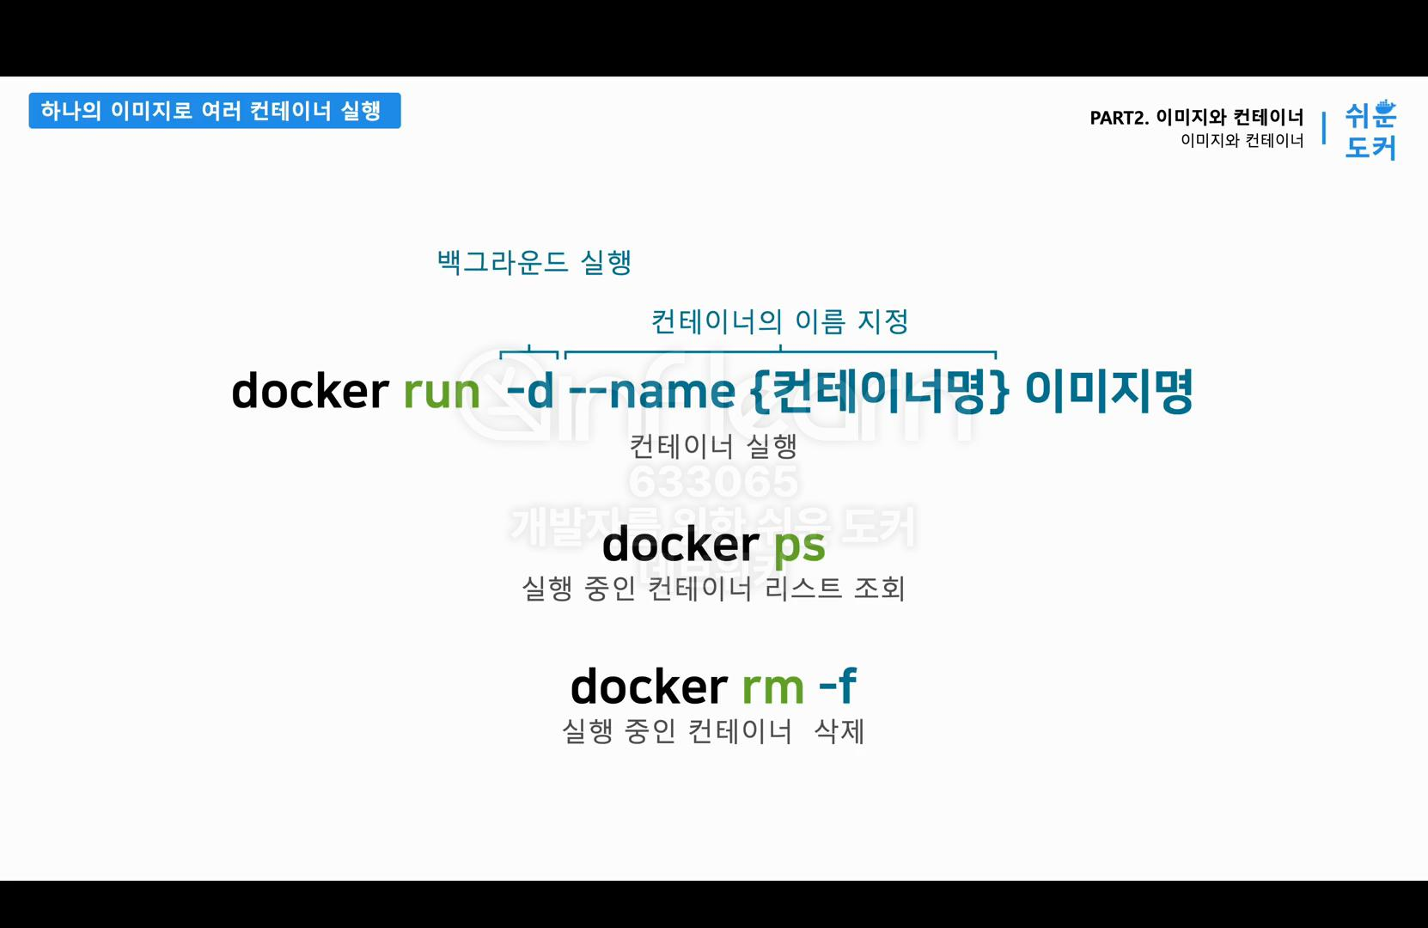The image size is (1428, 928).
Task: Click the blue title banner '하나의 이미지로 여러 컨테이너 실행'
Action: (x=214, y=111)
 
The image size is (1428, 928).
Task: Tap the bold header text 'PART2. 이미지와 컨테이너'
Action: (x=1196, y=117)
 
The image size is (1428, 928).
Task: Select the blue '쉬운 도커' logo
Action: (x=1370, y=130)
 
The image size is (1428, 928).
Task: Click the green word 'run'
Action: (x=441, y=392)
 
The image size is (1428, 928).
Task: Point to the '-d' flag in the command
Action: (x=530, y=392)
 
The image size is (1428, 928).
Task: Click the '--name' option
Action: (x=651, y=392)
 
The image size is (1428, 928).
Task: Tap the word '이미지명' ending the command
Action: (x=1108, y=392)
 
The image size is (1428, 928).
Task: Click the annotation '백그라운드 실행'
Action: (x=534, y=262)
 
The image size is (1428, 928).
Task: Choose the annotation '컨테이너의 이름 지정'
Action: (x=779, y=321)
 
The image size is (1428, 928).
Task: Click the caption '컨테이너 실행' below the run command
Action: (x=713, y=446)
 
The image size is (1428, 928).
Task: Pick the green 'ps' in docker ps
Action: (x=799, y=545)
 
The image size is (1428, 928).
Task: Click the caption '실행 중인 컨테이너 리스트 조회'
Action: (x=713, y=589)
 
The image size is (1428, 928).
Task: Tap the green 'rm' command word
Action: (x=772, y=687)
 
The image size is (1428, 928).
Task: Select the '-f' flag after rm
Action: (x=837, y=687)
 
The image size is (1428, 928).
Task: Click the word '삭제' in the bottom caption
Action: (x=839, y=731)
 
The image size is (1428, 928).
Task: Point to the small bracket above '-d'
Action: (x=529, y=351)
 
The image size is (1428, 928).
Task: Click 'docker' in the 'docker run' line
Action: (x=310, y=392)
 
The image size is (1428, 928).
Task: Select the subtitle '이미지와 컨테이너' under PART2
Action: (x=1242, y=141)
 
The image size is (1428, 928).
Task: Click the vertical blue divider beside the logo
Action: (x=1324, y=128)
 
